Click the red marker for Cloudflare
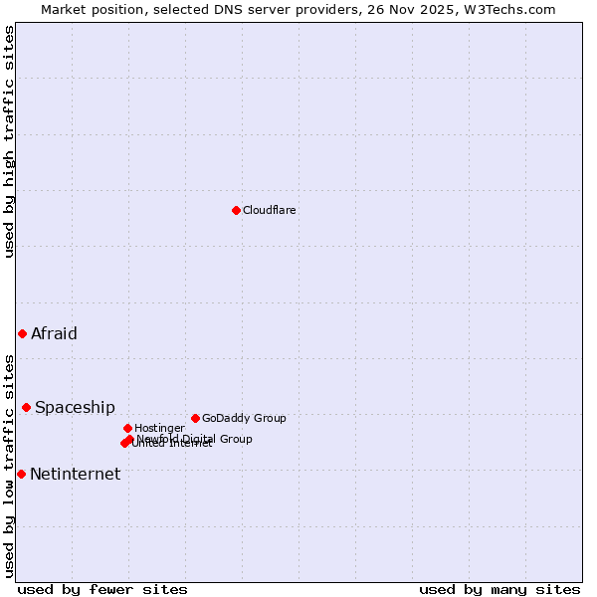[236, 210]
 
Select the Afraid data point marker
[22, 333]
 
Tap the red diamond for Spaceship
[26, 407]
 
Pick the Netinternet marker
[21, 474]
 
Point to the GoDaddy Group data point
[195, 418]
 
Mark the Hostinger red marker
[127, 428]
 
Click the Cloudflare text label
[270, 210]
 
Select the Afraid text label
[54, 333]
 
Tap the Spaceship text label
[75, 407]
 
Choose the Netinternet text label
[75, 474]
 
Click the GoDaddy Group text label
[244, 418]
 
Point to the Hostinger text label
[159, 428]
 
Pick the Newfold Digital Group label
[195, 438]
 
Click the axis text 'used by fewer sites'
[102, 589]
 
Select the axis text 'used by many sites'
[499, 589]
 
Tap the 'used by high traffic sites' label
[9, 141]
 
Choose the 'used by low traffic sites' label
[9, 465]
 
